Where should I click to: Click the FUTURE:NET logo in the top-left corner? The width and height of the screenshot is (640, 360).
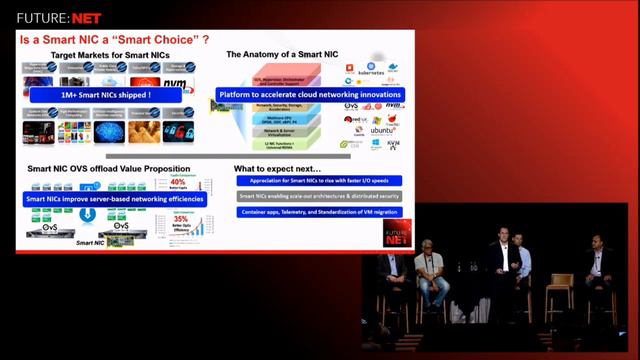point(51,16)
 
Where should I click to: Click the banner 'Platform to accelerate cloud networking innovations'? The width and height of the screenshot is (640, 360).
point(309,94)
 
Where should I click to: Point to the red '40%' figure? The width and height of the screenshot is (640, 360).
point(179,181)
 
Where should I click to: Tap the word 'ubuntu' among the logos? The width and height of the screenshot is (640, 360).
point(383,130)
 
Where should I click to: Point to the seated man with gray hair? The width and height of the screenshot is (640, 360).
point(430,270)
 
